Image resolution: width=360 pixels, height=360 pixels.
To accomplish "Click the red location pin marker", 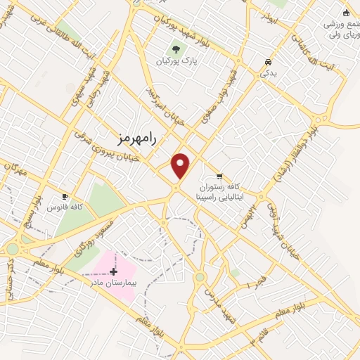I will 181,165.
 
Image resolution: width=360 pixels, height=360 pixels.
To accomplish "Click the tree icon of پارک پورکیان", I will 176,49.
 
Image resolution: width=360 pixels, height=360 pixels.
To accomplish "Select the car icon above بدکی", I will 267,60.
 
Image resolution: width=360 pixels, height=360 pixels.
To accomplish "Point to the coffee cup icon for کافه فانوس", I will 65,196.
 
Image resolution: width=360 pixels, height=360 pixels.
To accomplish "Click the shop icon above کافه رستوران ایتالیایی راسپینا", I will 220,176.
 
